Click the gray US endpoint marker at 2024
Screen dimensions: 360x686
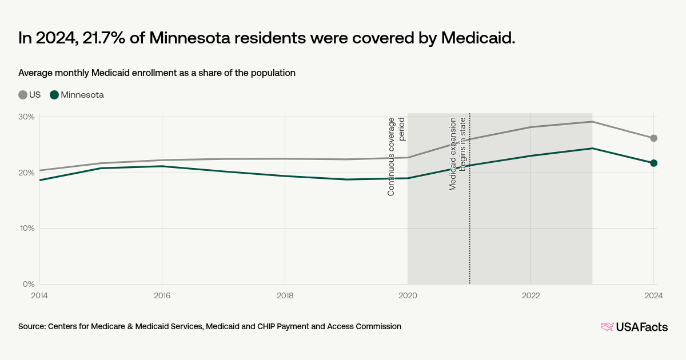[x=653, y=138]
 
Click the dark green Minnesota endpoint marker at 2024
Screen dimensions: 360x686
[x=653, y=163]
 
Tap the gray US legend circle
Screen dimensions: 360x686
[x=23, y=95]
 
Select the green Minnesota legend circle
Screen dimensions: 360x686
[x=54, y=95]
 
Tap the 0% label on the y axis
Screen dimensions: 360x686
[x=29, y=284]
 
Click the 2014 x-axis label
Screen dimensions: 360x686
[x=39, y=295]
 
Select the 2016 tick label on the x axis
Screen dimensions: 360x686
[x=162, y=295]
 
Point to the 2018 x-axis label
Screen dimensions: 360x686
[x=285, y=295]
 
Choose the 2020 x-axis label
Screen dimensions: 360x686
[x=408, y=295]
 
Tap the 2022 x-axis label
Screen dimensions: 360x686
[x=531, y=295]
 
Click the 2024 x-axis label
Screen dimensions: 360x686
[x=653, y=295]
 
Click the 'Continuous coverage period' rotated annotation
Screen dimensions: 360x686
[x=396, y=156]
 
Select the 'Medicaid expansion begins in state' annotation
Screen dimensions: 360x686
[x=458, y=153]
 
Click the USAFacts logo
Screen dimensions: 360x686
[x=634, y=327]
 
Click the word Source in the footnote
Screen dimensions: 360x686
[x=32, y=326]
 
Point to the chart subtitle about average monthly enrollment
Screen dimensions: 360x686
[x=157, y=73]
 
